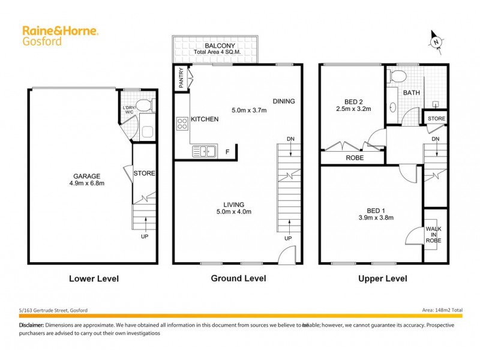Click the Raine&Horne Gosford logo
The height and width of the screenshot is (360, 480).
[x=60, y=35]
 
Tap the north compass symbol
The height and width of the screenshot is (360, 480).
[x=436, y=41]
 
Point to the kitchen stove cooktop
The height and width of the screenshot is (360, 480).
[x=182, y=124]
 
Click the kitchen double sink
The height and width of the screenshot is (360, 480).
[x=204, y=152]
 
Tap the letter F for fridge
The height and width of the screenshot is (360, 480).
[x=227, y=152]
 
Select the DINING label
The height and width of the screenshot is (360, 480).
[x=283, y=101]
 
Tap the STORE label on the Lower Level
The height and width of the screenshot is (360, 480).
[x=145, y=173]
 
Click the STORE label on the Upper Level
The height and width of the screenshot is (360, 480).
[x=436, y=119]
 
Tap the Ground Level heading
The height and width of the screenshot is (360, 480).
[x=238, y=278]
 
